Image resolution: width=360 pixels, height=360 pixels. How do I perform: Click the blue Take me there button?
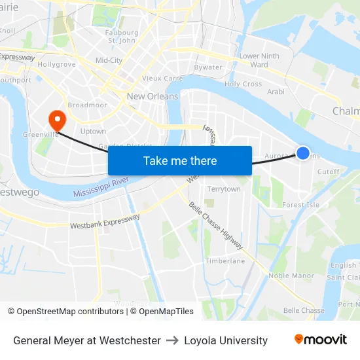pyautogui.click(x=180, y=160)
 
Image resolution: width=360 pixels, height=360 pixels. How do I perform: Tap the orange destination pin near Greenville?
pyautogui.click(x=57, y=120)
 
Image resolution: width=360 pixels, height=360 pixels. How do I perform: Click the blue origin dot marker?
pyautogui.click(x=302, y=153)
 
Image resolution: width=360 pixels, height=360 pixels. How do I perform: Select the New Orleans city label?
pyautogui.click(x=152, y=96)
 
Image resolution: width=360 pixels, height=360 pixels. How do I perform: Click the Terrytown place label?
pyautogui.click(x=223, y=189)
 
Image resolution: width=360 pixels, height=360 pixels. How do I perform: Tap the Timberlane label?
pyautogui.click(x=225, y=261)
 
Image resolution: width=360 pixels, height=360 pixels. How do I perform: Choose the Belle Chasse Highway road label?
pyautogui.click(x=215, y=225)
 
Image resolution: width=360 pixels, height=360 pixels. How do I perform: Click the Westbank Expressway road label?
pyautogui.click(x=105, y=221)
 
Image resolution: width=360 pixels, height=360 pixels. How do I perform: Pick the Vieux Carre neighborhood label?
pyautogui.click(x=162, y=78)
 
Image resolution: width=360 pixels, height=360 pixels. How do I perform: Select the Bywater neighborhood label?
pyautogui.click(x=208, y=67)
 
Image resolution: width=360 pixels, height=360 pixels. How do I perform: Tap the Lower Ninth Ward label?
pyautogui.click(x=259, y=60)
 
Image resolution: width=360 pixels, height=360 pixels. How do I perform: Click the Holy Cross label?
pyautogui.click(x=243, y=84)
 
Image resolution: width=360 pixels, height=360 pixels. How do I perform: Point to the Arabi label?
pyautogui.click(x=276, y=92)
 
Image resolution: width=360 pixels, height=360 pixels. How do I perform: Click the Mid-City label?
pyautogui.click(x=109, y=60)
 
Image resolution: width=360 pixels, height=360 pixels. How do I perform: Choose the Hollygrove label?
pyautogui.click(x=57, y=64)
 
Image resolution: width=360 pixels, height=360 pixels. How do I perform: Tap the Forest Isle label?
pyautogui.click(x=300, y=205)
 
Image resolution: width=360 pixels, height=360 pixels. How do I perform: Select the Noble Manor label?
pyautogui.click(x=291, y=276)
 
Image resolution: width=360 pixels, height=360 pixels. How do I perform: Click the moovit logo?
pyautogui.click(x=321, y=340)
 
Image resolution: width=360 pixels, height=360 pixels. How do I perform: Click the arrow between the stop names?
pyautogui.click(x=172, y=340)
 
